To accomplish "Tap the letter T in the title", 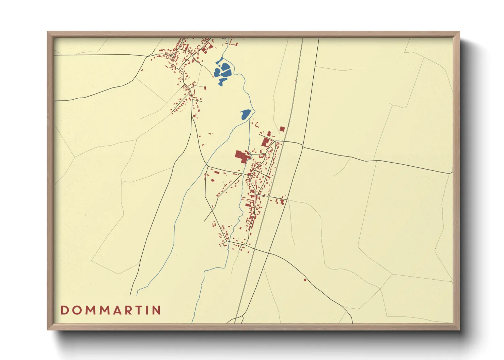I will pyautogui.click(x=141, y=310).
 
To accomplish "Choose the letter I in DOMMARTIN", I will pyautogui.click(x=148, y=310).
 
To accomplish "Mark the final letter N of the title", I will pyautogui.click(x=157, y=310).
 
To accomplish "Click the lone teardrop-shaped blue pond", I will pyautogui.click(x=246, y=115).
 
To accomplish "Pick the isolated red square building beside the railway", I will pyautogui.click(x=282, y=129).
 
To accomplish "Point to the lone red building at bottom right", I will pyautogui.click(x=305, y=280).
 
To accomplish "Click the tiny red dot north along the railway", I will pyautogui.click(x=295, y=81).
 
